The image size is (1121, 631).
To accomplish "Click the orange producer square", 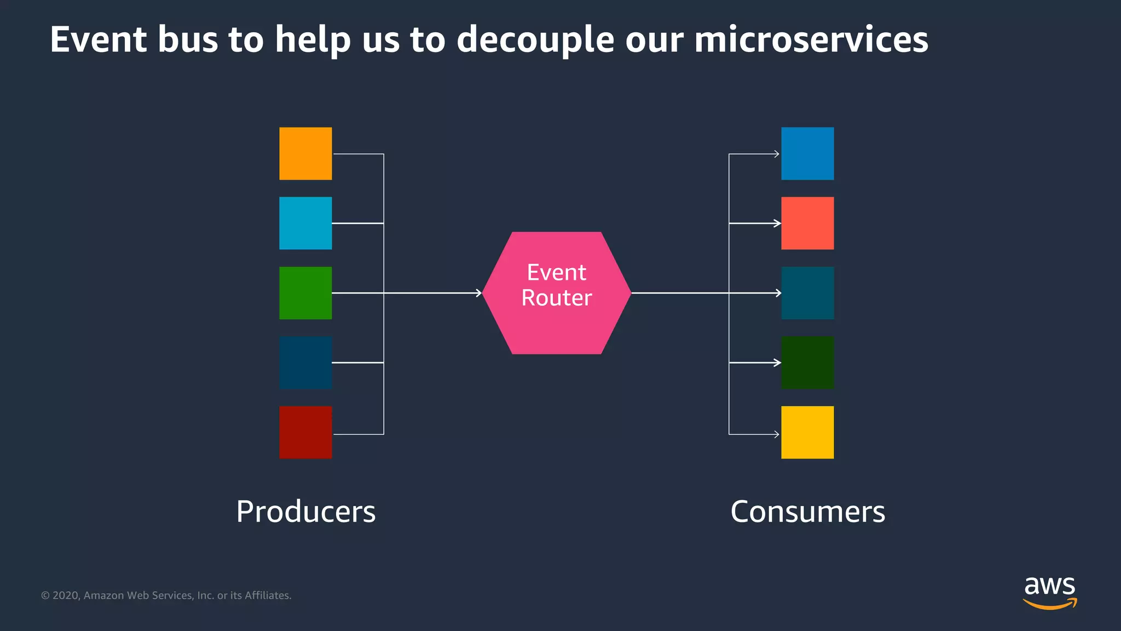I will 305,153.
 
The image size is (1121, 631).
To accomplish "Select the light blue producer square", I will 305,223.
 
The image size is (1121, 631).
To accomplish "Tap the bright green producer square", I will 305,293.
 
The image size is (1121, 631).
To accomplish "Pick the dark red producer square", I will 305,432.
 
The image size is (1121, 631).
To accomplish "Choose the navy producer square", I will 305,363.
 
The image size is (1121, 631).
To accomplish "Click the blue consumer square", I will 807,153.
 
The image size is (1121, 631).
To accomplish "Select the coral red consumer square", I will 807,223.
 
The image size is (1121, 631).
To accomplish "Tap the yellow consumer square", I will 807,432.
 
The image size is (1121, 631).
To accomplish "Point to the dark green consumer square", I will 807,363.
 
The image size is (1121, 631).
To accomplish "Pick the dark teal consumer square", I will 807,293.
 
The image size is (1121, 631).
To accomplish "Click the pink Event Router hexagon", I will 557,293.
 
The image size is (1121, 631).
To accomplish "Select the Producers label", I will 306,512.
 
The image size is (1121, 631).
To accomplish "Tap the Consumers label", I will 807,512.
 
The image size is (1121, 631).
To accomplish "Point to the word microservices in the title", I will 811,39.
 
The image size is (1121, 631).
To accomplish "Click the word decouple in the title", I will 535,41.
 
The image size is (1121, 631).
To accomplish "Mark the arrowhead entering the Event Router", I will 479,293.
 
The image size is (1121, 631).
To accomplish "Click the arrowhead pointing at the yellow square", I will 777,434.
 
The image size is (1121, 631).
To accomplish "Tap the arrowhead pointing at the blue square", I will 777,154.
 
